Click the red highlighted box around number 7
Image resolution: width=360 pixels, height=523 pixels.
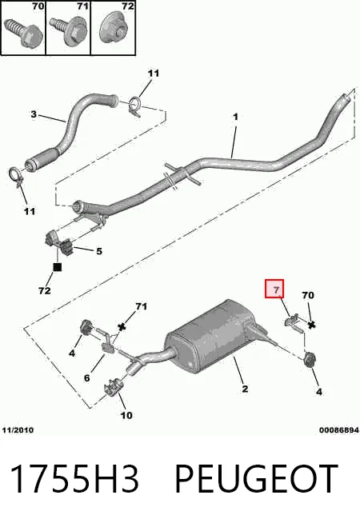tap(274, 289)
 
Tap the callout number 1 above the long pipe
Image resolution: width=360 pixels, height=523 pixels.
tap(235, 117)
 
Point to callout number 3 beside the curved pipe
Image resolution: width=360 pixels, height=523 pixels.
tap(34, 114)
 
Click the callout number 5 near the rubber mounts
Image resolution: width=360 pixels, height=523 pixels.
tap(99, 251)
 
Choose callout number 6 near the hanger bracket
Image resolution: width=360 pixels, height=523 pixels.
tap(86, 378)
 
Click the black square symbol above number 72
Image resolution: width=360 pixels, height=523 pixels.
tap(58, 267)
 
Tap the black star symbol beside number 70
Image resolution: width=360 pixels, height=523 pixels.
tap(312, 325)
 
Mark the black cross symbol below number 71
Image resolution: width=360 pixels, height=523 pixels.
tap(122, 327)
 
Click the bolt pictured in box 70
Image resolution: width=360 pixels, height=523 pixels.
tap(22, 33)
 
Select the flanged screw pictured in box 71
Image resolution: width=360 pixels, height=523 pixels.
tap(67, 31)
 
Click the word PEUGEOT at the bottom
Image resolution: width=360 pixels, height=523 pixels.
tap(257, 479)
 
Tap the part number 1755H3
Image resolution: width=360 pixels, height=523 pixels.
tap(74, 479)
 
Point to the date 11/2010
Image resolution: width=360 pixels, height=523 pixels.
tap(18, 430)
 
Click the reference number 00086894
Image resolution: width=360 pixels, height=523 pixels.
tap(339, 430)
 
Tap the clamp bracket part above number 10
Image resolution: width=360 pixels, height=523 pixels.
tap(114, 388)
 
